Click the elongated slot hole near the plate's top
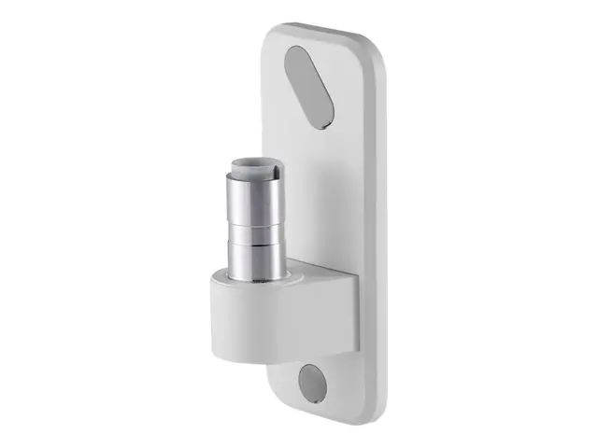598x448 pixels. pos(309,86)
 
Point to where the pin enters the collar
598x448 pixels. pos(253,277)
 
